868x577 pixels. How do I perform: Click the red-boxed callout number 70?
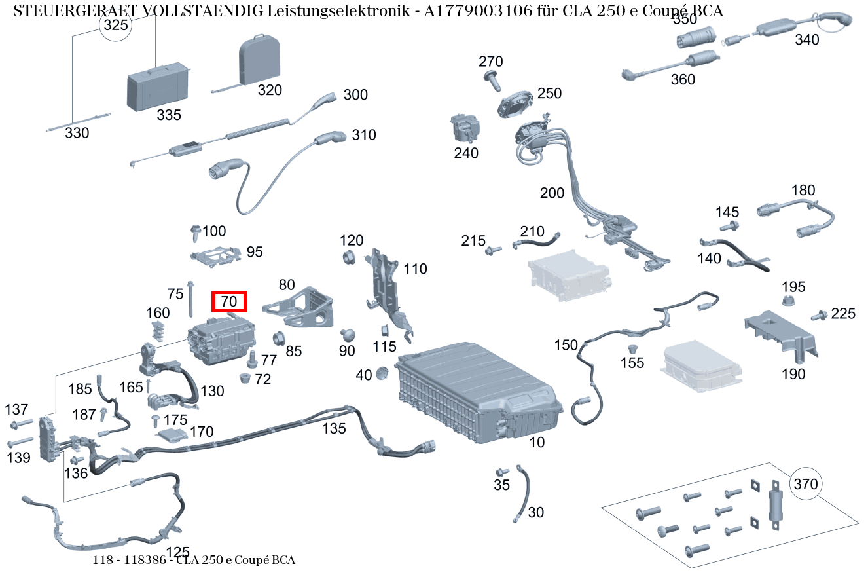click(229, 302)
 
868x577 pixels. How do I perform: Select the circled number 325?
click(115, 25)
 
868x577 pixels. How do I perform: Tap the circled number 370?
click(806, 485)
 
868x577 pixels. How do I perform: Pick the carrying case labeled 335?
click(158, 86)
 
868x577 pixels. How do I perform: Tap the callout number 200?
click(552, 193)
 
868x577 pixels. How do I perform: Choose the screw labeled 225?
click(818, 316)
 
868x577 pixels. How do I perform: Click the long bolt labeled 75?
click(190, 299)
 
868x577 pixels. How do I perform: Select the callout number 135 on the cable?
click(334, 428)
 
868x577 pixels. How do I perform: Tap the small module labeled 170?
click(171, 436)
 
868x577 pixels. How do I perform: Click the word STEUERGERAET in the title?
click(62, 10)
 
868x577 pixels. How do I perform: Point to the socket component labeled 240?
click(464, 126)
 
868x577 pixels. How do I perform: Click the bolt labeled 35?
click(502, 472)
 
